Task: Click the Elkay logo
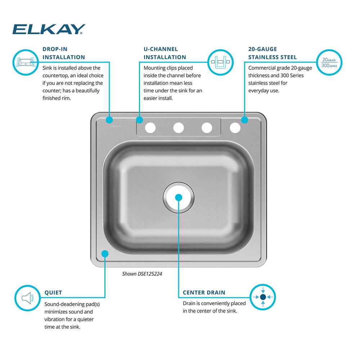[x=49, y=29]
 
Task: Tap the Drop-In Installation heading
[x=64, y=53]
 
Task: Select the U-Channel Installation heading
[x=165, y=53]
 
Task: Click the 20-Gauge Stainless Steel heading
[x=273, y=53]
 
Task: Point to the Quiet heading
[x=53, y=292]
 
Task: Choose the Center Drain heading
[x=204, y=292]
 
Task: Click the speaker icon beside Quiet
[x=28, y=298]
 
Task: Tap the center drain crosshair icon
[x=263, y=297]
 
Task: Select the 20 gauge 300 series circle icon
[x=329, y=62]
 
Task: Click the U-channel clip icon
[x=220, y=62]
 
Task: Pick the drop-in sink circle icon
[x=26, y=62]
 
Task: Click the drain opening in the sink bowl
[x=179, y=197]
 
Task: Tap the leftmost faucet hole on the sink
[x=150, y=128]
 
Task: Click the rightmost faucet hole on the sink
[x=235, y=128]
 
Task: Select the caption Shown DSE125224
[x=142, y=274]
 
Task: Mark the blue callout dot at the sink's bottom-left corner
[x=105, y=254]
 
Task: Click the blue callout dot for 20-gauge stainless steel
[x=244, y=120]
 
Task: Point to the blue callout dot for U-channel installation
[x=139, y=120]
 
